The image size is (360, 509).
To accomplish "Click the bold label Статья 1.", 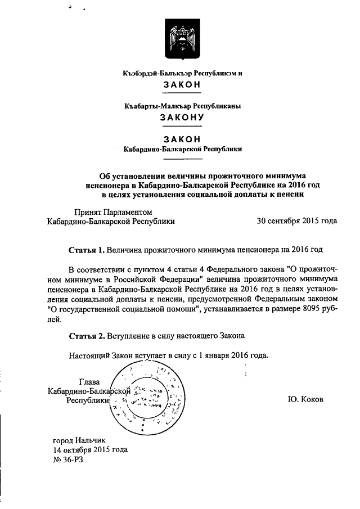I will (86, 249).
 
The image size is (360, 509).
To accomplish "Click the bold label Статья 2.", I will (86, 336).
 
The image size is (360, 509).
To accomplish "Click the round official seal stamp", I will (147, 398).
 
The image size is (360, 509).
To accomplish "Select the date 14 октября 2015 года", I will (90, 449).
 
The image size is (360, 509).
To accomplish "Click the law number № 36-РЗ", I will (68, 460).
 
